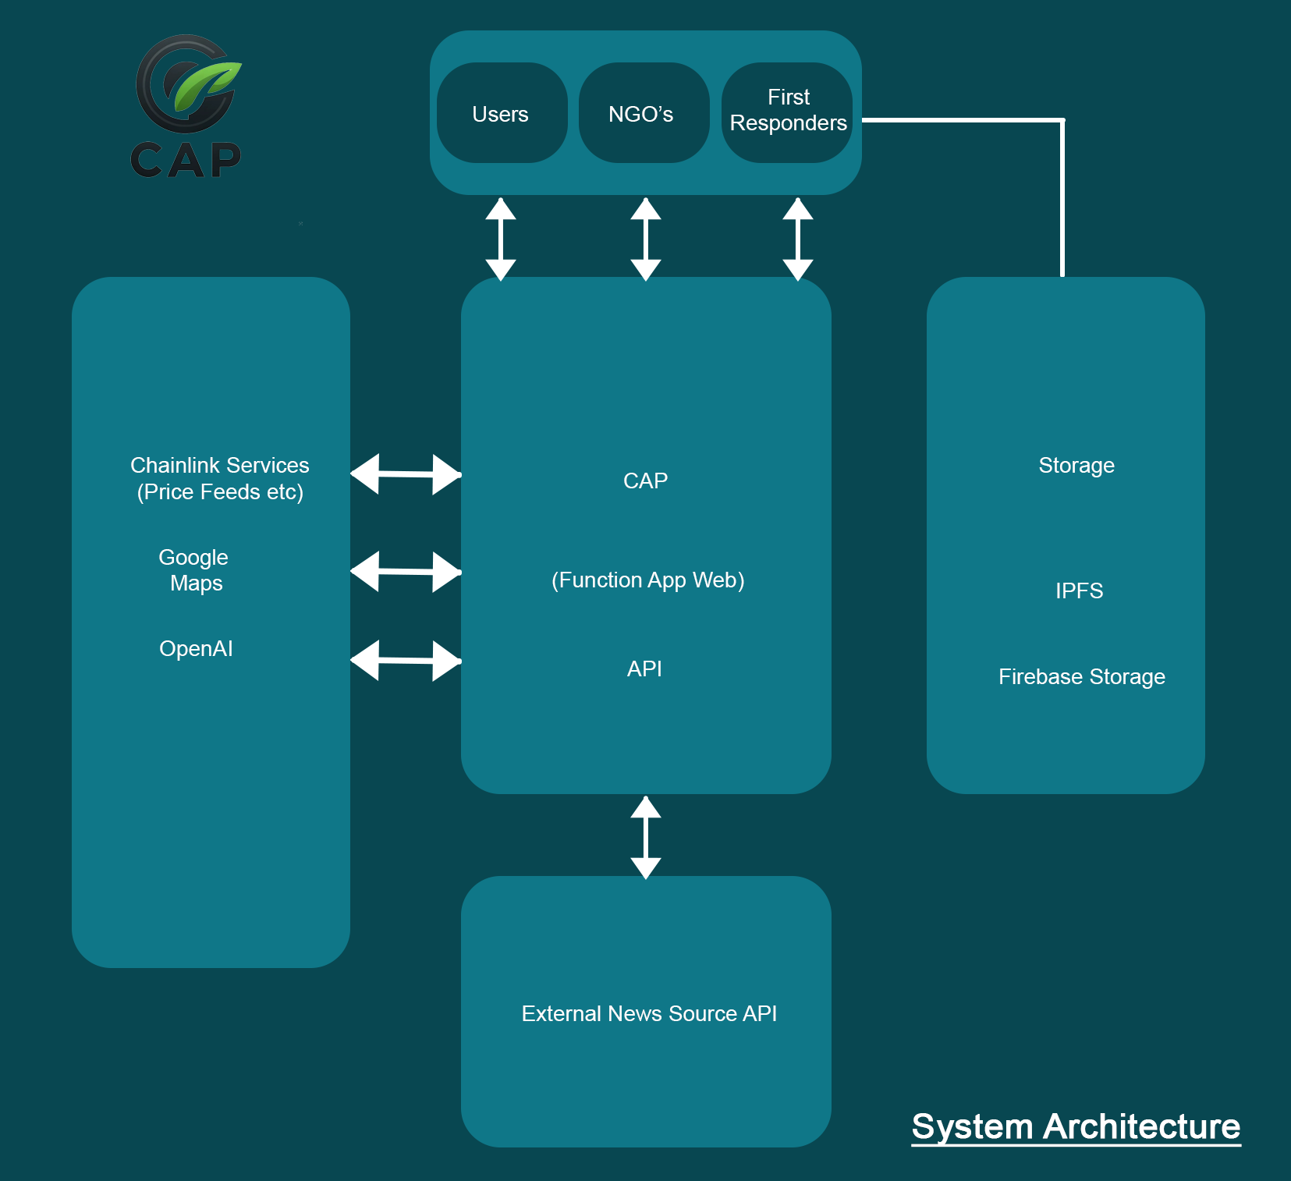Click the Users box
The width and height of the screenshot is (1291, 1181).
[x=502, y=113]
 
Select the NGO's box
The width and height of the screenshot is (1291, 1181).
[x=644, y=113]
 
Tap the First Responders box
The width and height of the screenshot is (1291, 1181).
[x=787, y=113]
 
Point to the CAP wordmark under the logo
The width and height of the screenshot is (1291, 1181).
[x=186, y=160]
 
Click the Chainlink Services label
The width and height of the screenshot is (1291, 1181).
[x=220, y=465]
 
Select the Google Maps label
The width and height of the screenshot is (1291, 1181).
[x=194, y=570]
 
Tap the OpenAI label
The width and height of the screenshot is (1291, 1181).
[x=196, y=648]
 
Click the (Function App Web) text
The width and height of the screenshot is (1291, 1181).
[x=647, y=580]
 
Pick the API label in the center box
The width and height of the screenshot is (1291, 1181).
[x=644, y=669]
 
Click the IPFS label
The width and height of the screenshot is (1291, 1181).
[x=1079, y=590]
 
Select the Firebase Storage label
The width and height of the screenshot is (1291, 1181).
[x=1082, y=677]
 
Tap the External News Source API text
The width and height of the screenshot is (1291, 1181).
[x=649, y=1013]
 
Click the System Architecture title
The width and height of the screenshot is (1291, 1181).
[x=1076, y=1127]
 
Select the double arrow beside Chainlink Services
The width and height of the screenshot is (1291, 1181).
[x=406, y=474]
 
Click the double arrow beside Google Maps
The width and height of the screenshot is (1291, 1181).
[x=406, y=572]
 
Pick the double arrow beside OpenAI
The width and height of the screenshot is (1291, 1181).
[x=406, y=661]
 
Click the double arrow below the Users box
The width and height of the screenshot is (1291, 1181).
[x=501, y=239]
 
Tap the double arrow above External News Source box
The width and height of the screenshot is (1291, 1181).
[x=646, y=837]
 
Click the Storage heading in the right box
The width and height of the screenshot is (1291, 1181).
[x=1076, y=466]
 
